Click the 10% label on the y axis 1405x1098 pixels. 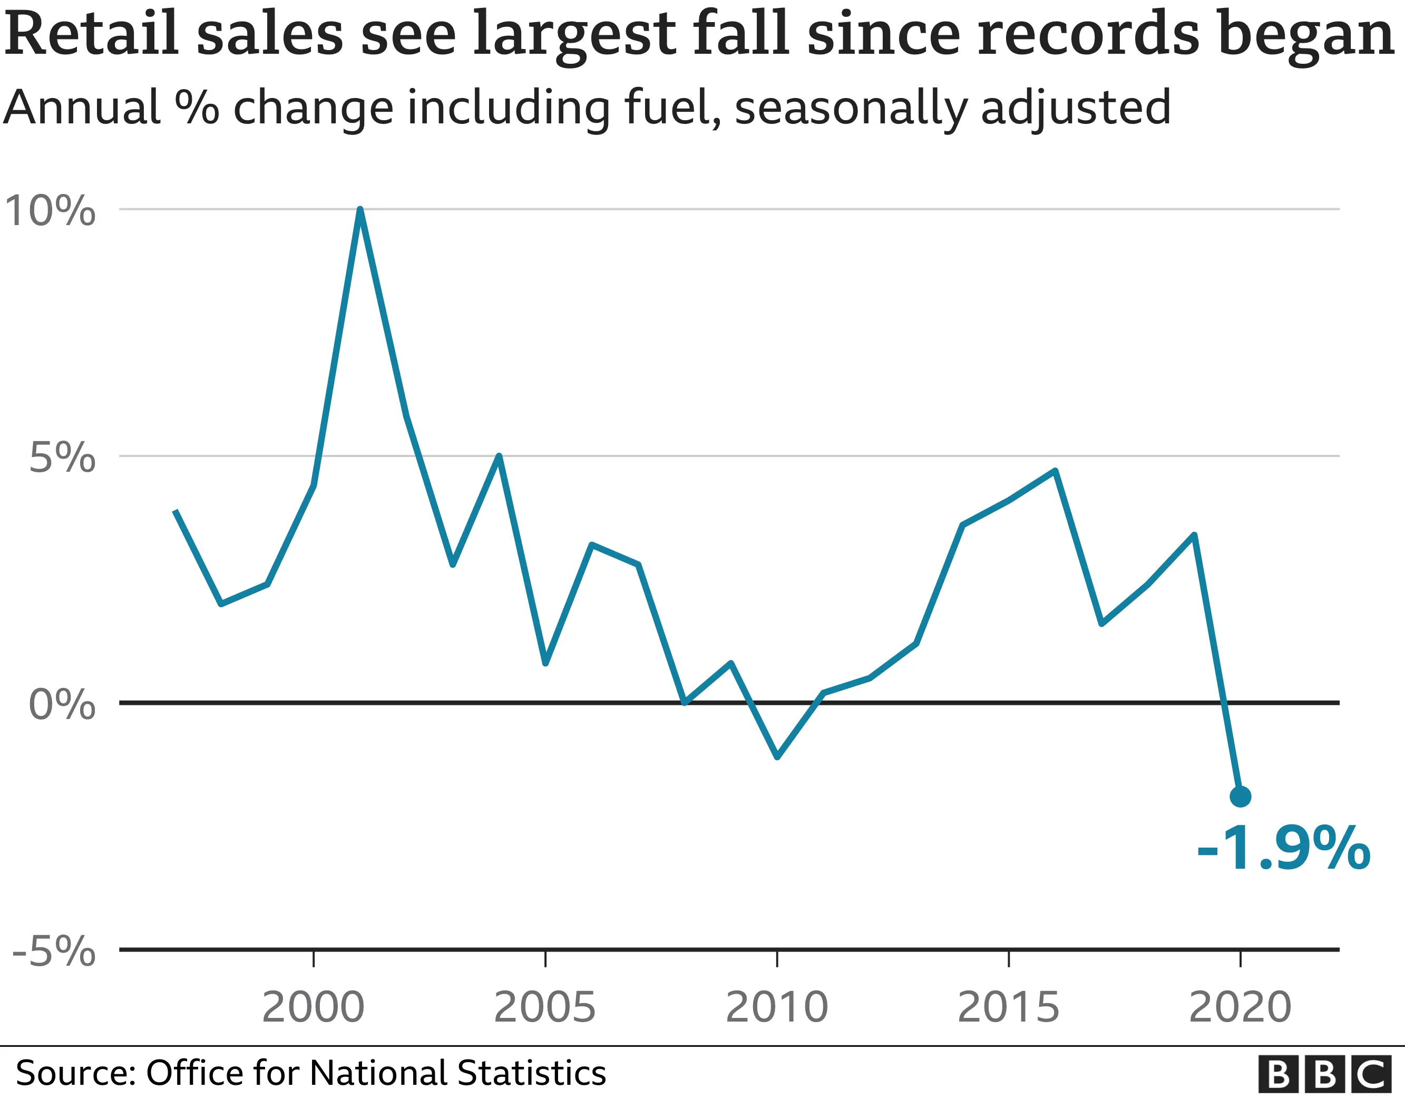click(x=50, y=210)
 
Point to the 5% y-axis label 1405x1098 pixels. click(x=62, y=458)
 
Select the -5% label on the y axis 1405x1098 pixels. click(x=54, y=950)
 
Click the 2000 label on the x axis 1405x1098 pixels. click(x=313, y=1007)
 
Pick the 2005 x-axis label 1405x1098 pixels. click(x=545, y=1007)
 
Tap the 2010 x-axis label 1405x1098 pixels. click(x=777, y=1007)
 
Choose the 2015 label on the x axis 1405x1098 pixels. click(x=1009, y=1007)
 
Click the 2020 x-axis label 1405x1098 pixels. click(x=1241, y=1007)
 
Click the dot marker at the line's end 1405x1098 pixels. click(x=1241, y=797)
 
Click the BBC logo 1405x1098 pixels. click(x=1330, y=1074)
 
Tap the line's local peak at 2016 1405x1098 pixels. click(x=1056, y=471)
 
